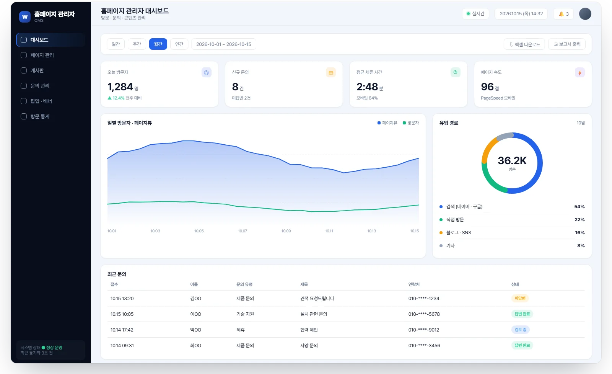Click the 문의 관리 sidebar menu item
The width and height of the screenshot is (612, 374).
pyautogui.click(x=40, y=86)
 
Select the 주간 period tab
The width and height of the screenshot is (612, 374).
pyautogui.click(x=137, y=44)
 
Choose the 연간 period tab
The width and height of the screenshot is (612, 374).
pyautogui.click(x=179, y=44)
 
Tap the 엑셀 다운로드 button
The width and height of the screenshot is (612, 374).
pyautogui.click(x=524, y=44)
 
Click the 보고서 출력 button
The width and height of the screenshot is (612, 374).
pyautogui.click(x=566, y=44)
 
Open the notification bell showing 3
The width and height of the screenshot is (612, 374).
pyautogui.click(x=563, y=14)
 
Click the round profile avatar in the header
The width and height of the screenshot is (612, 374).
pyautogui.click(x=585, y=14)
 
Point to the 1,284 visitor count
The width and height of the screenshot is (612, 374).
pyautogui.click(x=120, y=87)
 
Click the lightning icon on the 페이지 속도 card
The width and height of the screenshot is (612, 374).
pyautogui.click(x=579, y=73)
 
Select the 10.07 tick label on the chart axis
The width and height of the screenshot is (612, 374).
pyautogui.click(x=243, y=231)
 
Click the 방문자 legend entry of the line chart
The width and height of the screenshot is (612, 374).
pyautogui.click(x=411, y=123)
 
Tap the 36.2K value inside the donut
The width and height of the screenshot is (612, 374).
pyautogui.click(x=512, y=161)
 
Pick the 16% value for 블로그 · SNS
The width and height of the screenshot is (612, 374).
pyautogui.click(x=580, y=233)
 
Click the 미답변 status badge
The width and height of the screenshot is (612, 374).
pyautogui.click(x=520, y=298)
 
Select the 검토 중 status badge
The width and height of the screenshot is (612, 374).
pyautogui.click(x=520, y=330)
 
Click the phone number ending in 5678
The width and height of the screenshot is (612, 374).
pyautogui.click(x=424, y=314)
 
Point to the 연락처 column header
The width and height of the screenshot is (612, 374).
pyautogui.click(x=414, y=284)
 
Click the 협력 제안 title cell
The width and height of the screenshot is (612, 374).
pyautogui.click(x=309, y=330)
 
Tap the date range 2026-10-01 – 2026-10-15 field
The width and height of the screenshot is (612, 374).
pyautogui.click(x=223, y=44)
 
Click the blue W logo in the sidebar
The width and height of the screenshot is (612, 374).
pyautogui.click(x=25, y=17)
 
